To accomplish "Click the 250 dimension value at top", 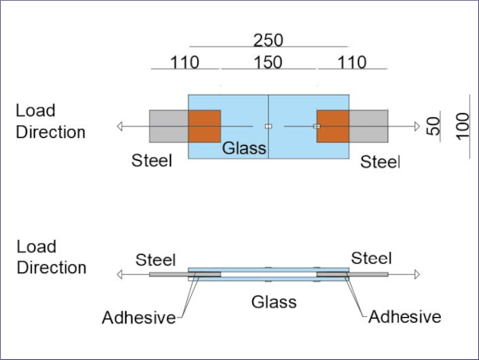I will coord(268,39).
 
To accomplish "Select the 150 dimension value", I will coord(268,62).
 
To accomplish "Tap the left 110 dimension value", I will coord(184,62).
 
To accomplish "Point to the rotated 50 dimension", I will coord(434,127).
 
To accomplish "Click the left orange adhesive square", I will coord(204,127).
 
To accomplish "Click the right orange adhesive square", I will coord(333,127).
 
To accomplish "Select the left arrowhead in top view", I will coord(119,127).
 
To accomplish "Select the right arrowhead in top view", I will coord(416,127).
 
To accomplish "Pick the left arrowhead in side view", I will coord(119,275).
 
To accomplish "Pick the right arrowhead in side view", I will coord(416,275).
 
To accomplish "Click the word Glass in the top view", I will coord(243,148).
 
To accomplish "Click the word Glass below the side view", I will coord(273,302).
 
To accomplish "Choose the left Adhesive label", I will coord(138,318).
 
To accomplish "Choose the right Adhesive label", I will coord(404,317).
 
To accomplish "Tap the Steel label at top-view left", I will coord(152,162).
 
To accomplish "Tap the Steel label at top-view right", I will coord(380,162).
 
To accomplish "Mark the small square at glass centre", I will coord(268,127).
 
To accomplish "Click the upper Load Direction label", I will coord(50,121).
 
